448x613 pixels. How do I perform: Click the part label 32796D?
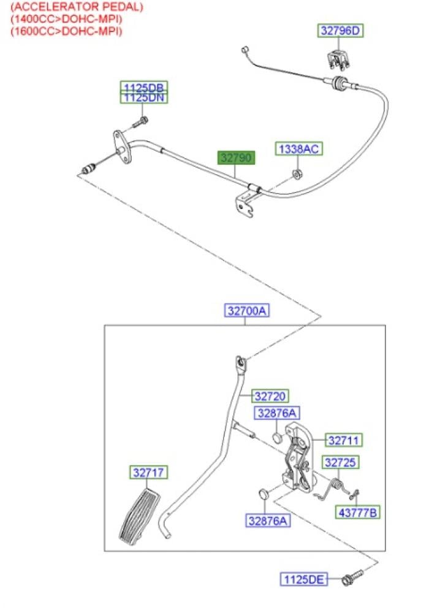(340, 30)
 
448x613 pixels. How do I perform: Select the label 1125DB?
(143, 87)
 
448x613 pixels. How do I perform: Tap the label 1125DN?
(143, 97)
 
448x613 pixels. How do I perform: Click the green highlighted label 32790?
(237, 158)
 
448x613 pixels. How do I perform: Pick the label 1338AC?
(298, 148)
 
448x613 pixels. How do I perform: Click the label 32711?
(344, 440)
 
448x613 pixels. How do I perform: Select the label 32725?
(341, 462)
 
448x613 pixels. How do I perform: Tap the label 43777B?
(357, 512)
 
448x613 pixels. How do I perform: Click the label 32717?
(148, 473)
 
